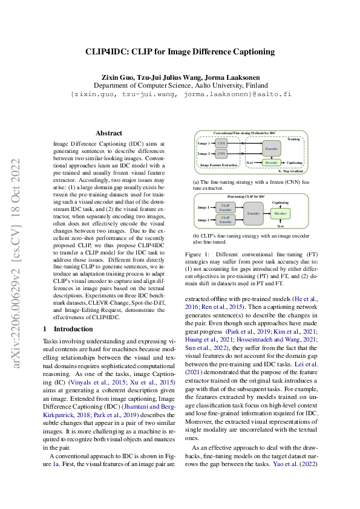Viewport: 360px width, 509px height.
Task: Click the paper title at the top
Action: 179,52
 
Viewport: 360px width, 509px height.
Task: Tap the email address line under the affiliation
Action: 180,95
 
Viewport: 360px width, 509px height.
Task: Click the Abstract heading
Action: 109,133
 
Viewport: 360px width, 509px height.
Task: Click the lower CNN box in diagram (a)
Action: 221,154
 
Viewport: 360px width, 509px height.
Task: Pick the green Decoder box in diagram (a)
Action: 272,163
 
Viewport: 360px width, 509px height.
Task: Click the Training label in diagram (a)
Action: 293,139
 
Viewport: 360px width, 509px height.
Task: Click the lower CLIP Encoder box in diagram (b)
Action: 226,219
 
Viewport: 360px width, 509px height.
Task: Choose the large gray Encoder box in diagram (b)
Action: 253,214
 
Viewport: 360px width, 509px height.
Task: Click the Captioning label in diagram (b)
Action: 280,203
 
